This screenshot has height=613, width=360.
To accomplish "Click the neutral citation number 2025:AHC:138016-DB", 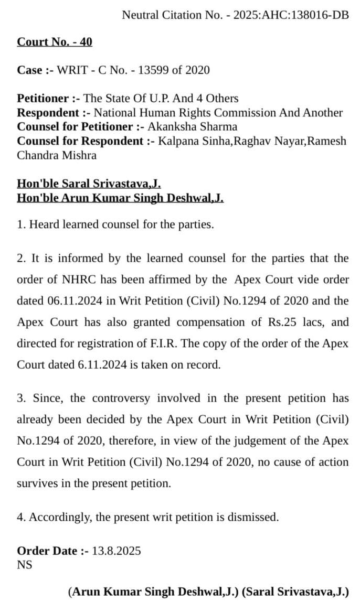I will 291,15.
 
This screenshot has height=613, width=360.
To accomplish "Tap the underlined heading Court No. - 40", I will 55,42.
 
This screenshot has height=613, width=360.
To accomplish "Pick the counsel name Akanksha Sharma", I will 192,126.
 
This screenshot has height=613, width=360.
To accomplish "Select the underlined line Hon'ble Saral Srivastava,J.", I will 89,184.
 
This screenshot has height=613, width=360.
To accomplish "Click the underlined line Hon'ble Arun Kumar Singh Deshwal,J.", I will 120,198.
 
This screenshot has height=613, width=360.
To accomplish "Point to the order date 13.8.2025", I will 117,551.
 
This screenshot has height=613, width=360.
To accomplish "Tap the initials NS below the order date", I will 25,565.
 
